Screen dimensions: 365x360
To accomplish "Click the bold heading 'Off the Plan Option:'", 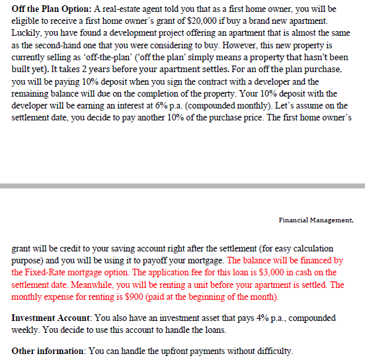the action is coord(48,9).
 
